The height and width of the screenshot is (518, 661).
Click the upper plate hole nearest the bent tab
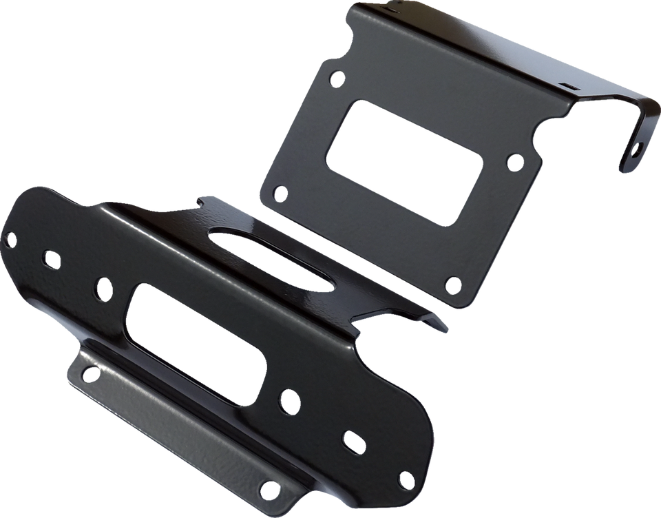(x=514, y=162)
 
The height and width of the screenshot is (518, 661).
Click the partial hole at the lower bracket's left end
(x=10, y=238)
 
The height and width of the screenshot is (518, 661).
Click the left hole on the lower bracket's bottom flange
(x=90, y=373)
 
